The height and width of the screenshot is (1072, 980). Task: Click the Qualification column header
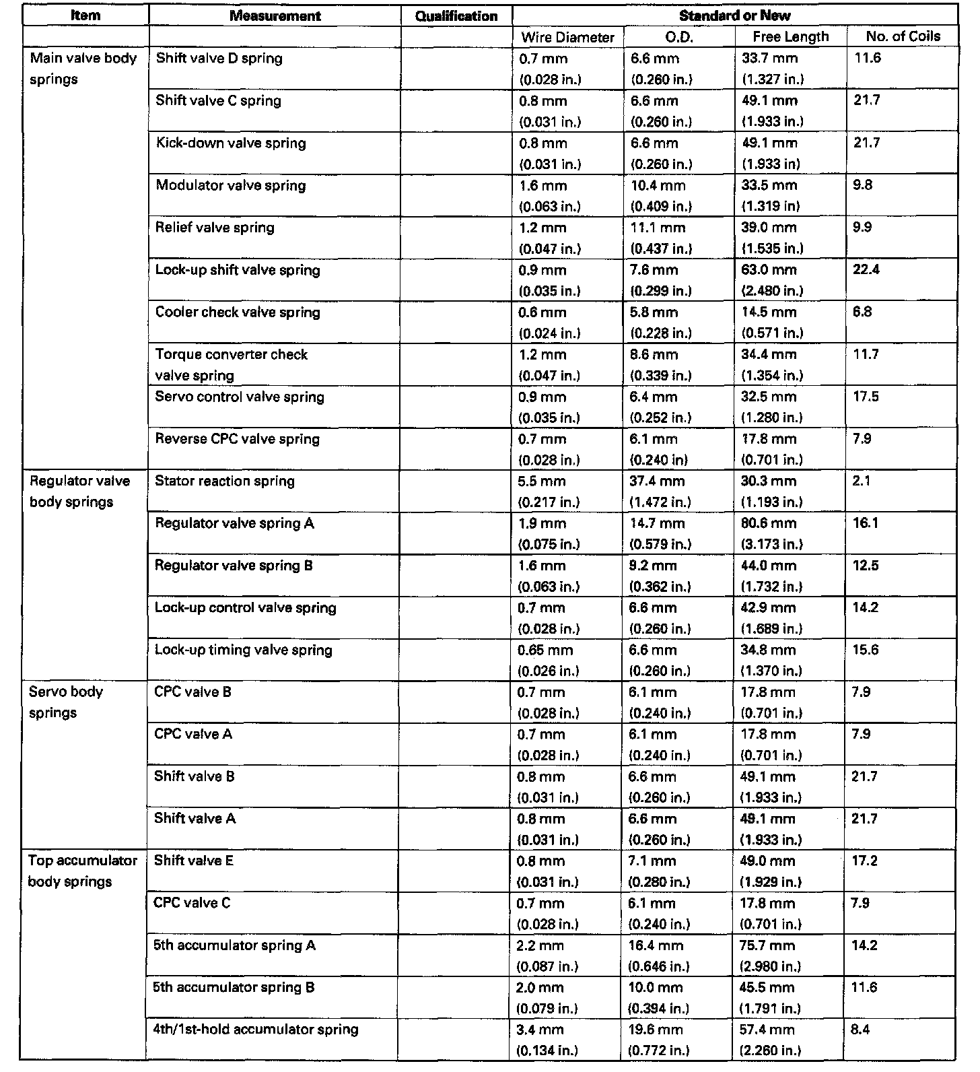(x=456, y=16)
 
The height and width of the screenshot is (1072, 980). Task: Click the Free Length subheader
(x=790, y=37)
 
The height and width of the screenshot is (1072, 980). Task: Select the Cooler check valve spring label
(x=238, y=312)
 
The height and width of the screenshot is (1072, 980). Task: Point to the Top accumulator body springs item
(x=82, y=871)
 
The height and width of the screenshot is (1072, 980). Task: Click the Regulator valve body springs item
(x=79, y=491)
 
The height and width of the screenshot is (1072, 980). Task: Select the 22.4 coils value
(x=866, y=269)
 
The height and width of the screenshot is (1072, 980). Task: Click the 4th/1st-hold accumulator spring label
(x=256, y=1029)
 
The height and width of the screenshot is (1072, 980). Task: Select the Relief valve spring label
(x=215, y=227)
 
